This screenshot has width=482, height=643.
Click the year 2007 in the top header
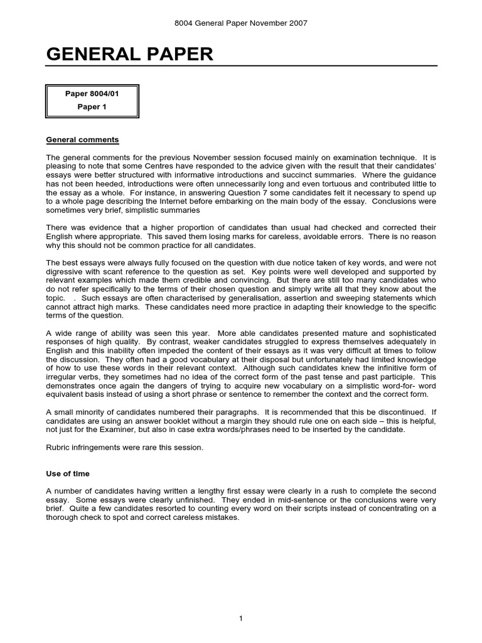coord(297,23)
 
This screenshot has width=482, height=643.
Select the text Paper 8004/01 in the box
coord(92,94)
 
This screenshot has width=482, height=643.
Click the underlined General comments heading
coord(82,139)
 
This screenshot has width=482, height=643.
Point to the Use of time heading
coord(68,473)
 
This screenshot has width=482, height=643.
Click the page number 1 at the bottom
coord(240,602)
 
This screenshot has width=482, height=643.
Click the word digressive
coord(66,266)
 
